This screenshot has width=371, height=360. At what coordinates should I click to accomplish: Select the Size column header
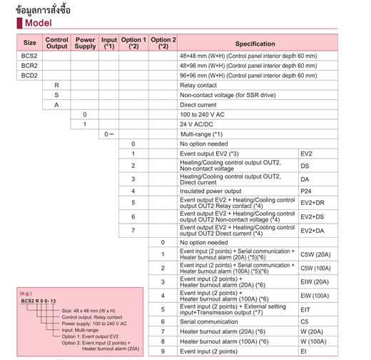coord(29,43)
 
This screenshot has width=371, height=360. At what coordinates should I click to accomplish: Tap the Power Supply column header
coord(85,43)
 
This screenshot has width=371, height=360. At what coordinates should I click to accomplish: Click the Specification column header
coord(255,43)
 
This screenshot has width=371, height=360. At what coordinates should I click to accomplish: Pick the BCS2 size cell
coord(29,55)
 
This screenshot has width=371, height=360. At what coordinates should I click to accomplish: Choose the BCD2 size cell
coord(29,75)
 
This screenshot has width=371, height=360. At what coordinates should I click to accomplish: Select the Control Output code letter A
coord(56,104)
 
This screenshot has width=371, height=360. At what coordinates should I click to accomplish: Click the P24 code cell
coord(306,191)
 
